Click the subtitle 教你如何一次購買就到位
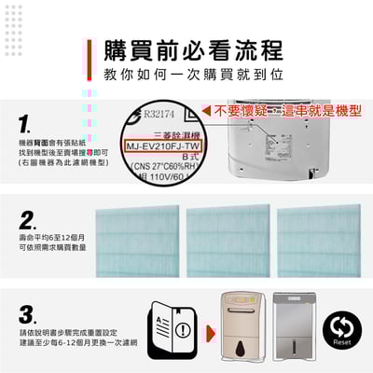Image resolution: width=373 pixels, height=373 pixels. [192, 75]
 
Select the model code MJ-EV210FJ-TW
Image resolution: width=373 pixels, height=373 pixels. [164, 147]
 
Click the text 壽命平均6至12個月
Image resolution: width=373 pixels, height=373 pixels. [50, 239]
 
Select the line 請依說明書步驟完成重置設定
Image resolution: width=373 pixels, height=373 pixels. [62, 332]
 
